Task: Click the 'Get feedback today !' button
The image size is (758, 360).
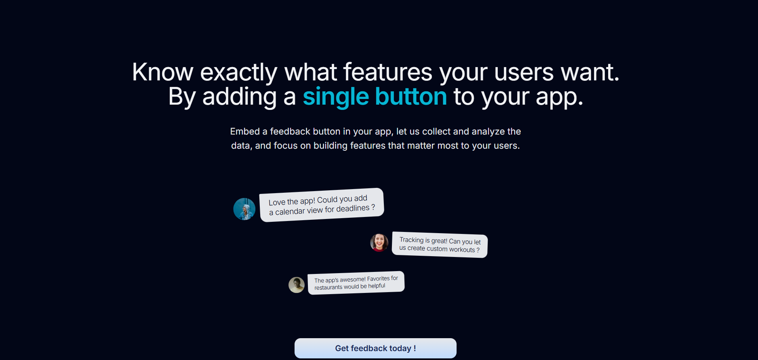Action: point(375,348)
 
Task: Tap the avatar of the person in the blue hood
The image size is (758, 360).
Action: point(244,209)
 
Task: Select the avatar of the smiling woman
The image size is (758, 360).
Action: point(379,242)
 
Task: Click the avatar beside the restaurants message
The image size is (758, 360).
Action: point(297,285)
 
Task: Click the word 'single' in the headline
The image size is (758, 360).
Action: point(336,97)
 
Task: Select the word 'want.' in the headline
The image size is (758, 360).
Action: point(590,73)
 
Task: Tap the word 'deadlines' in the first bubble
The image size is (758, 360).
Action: point(353,208)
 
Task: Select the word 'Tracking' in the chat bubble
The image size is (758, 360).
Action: point(411,240)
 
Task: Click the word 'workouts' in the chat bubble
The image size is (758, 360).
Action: point(462,250)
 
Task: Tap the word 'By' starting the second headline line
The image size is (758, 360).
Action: point(182,97)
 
